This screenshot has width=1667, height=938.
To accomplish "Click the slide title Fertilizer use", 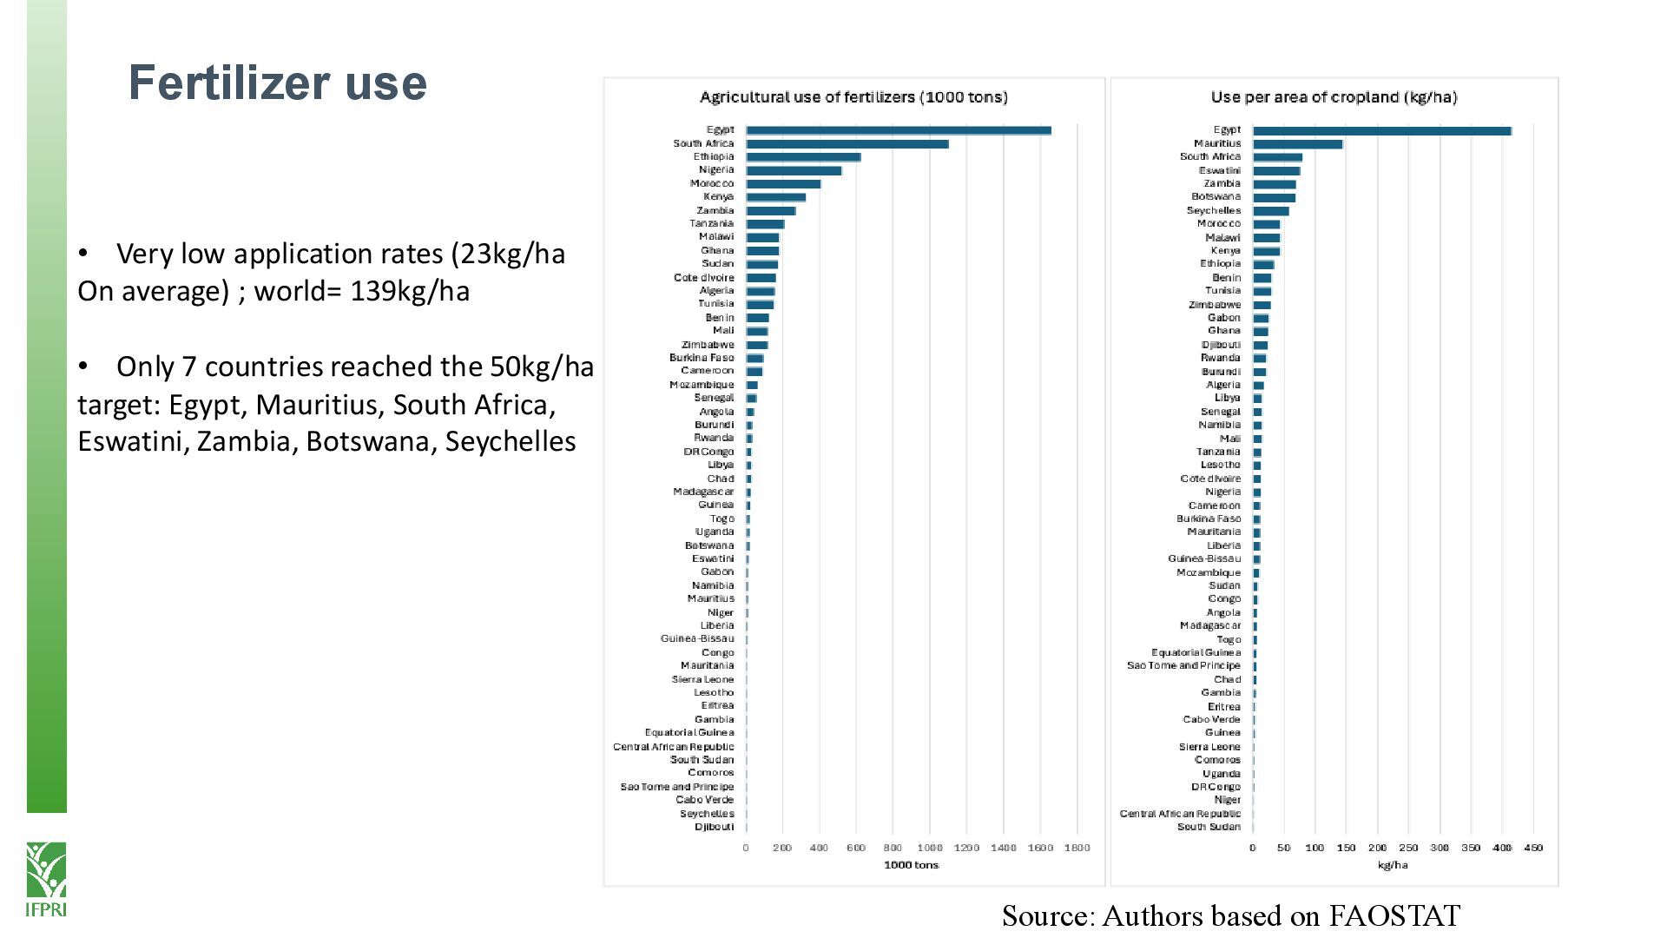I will coord(278,83).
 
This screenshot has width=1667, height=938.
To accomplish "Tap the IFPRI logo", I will coord(46,878).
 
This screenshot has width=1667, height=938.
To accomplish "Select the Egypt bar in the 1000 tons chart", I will coord(898,130).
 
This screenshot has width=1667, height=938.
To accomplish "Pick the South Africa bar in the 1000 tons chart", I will coord(847,144).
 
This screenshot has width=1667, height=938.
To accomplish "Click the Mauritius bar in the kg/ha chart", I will coord(1297,144).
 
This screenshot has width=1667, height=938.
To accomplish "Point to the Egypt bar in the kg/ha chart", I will coord(1381,130).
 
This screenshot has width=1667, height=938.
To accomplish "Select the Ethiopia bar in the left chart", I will coord(803,157).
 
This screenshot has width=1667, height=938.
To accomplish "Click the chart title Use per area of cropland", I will coord(1334,97).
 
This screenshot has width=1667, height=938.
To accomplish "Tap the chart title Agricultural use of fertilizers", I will coord(853,97).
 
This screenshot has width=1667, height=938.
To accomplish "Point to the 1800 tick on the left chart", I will coord(1077,848).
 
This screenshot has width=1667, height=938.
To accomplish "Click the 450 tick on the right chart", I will coord(1533,848).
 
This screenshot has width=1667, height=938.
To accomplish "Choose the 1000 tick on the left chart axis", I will coord(929,848).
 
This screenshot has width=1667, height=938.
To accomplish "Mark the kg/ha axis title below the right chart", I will coord(1393,865).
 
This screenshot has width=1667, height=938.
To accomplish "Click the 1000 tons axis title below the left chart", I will coord(911,865).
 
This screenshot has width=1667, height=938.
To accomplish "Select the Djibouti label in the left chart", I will coord(714,827).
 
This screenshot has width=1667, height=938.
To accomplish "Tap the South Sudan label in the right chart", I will coord(1209,827).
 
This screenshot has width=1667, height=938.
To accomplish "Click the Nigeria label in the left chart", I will coord(716,170).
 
